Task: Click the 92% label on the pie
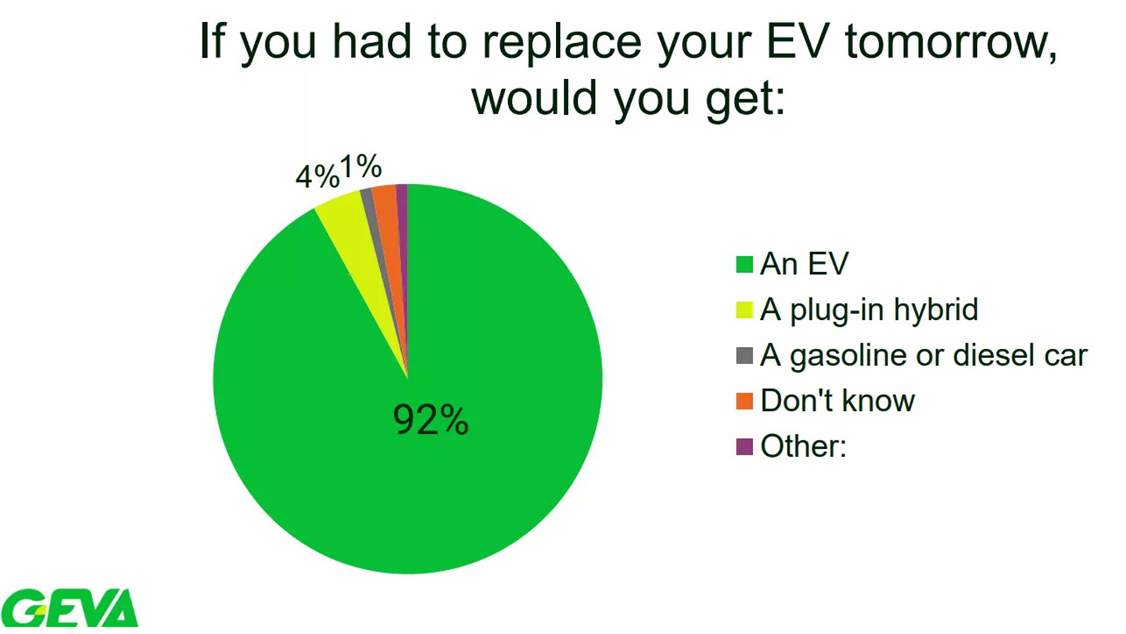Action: point(431,420)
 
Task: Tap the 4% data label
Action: point(317,177)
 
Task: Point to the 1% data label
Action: point(361,166)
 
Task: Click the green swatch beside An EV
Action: point(745,264)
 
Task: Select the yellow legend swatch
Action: point(745,310)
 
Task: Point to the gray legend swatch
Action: point(745,356)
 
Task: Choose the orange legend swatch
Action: point(745,401)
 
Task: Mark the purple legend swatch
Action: point(745,447)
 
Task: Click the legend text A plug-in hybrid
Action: point(869,310)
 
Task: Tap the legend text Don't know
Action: point(837,401)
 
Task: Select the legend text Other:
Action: point(803,447)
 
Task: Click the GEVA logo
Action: point(70,608)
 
